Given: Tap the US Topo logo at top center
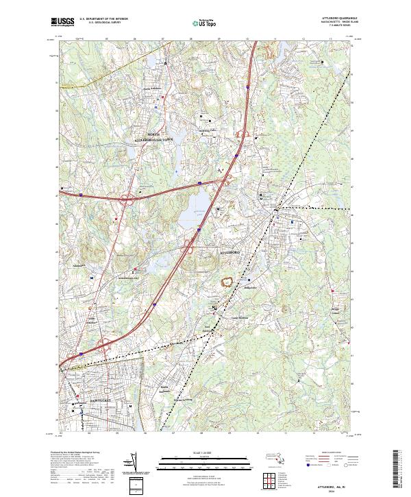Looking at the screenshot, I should pyautogui.click(x=203, y=23).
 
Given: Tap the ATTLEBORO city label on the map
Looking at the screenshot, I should pyautogui.click(x=231, y=253).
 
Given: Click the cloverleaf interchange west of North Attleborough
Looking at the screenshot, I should pyautogui.click(x=127, y=201).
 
